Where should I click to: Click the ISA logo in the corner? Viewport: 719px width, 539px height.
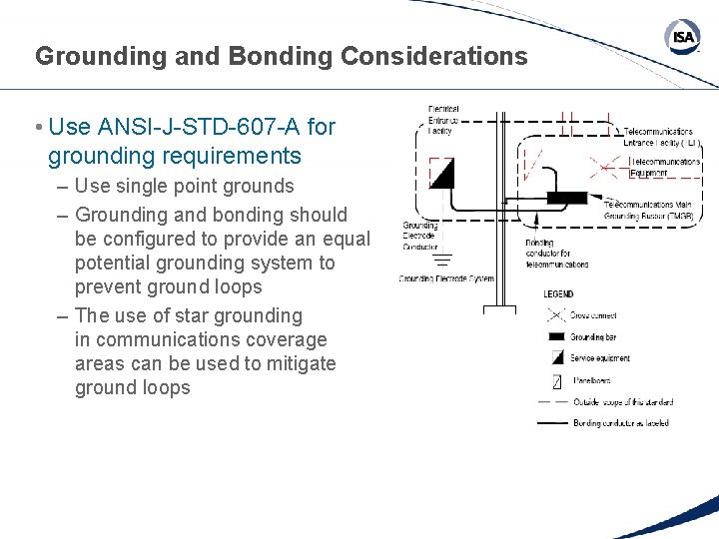click(682, 37)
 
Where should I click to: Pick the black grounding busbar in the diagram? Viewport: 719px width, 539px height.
click(566, 198)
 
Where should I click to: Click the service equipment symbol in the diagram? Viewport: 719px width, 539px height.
click(441, 174)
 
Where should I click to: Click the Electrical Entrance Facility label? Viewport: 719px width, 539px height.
click(443, 120)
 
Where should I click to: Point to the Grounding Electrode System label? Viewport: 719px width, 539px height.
click(446, 279)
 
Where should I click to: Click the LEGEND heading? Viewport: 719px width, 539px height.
click(559, 294)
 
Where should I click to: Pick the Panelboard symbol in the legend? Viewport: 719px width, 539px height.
click(557, 380)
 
